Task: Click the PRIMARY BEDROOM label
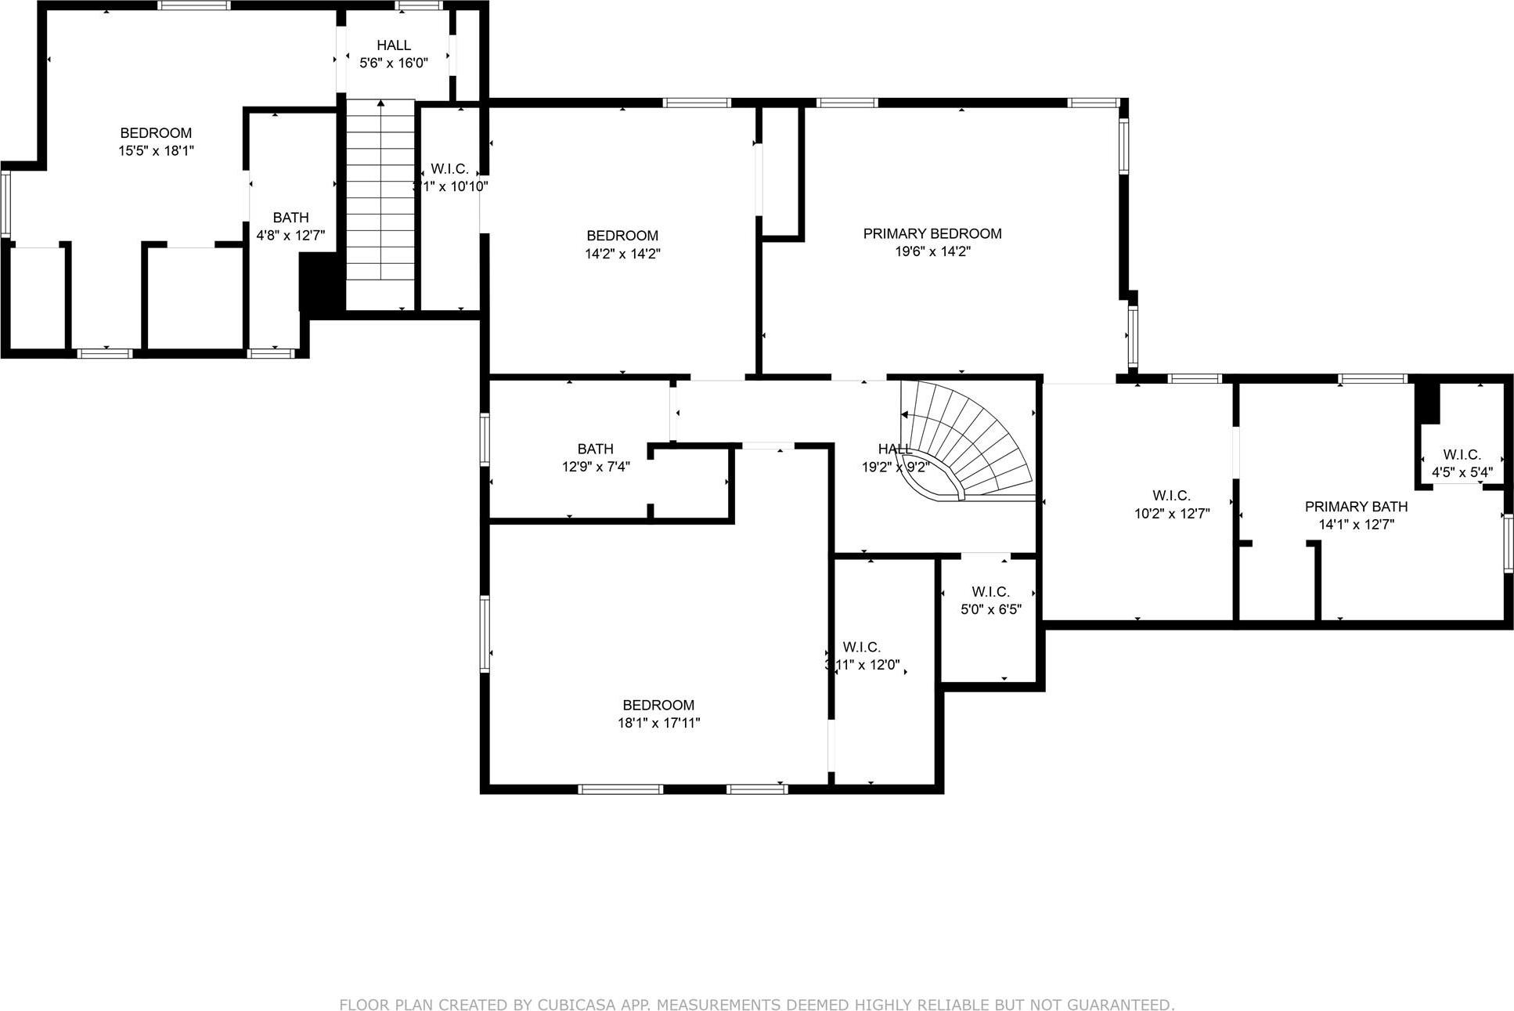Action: click(932, 233)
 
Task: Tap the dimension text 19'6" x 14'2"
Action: click(932, 252)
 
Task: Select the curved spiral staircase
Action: click(967, 442)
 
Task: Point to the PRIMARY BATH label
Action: click(1356, 507)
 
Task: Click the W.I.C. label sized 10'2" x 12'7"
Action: click(1171, 496)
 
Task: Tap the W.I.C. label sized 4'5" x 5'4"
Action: click(1462, 455)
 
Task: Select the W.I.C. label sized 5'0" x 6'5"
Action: click(990, 592)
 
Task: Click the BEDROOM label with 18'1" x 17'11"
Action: click(658, 705)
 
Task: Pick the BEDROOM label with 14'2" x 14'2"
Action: click(622, 236)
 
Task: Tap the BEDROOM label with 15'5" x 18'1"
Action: click(156, 133)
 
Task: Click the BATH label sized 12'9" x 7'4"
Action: click(595, 449)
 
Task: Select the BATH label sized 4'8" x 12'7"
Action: click(290, 218)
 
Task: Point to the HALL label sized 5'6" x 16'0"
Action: click(393, 45)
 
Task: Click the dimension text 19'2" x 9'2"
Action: click(895, 468)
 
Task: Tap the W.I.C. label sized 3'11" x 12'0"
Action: click(861, 647)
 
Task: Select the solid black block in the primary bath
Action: click(1427, 402)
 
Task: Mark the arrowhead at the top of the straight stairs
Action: click(380, 103)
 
